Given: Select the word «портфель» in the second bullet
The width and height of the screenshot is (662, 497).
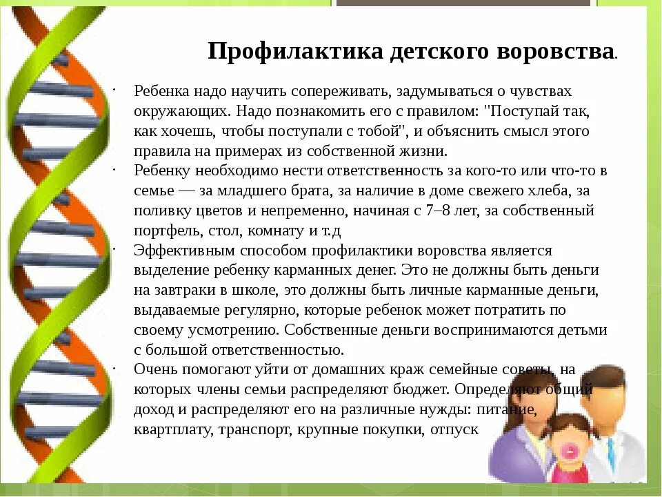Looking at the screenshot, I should tap(165, 231).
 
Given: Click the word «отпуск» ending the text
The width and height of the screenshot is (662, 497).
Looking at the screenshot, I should tap(454, 429).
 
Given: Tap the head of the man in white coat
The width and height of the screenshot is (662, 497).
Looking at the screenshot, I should tap(608, 393).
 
